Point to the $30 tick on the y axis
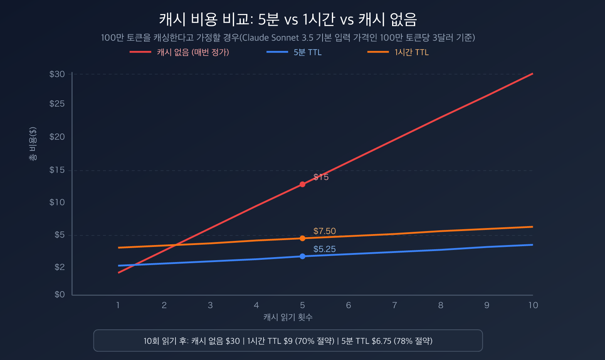(57, 74)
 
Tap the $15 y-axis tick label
(57, 170)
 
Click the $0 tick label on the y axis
(60, 295)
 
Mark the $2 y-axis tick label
(60, 267)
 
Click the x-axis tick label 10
(533, 305)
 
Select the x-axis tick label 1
(118, 305)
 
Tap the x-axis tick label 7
(394, 305)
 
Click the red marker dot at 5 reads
(302, 185)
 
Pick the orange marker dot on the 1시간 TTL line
(302, 238)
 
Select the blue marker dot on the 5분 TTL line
(302, 256)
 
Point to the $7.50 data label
(324, 231)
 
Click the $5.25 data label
(324, 249)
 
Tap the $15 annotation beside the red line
(321, 177)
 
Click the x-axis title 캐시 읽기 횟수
(288, 317)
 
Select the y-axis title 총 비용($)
(33, 144)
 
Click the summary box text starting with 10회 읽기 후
(288, 341)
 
